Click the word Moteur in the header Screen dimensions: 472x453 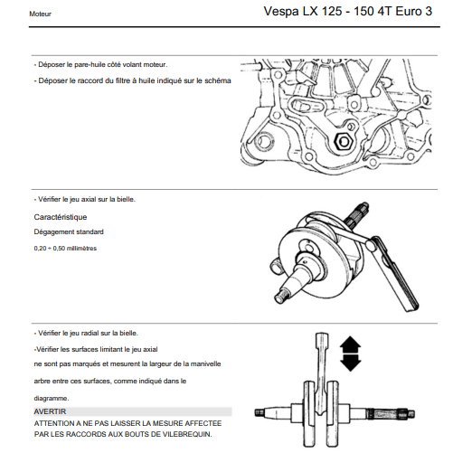click(x=40, y=14)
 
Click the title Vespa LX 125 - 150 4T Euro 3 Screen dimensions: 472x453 click(x=348, y=12)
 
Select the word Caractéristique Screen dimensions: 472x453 click(x=61, y=217)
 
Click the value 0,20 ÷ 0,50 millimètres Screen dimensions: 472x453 click(x=65, y=249)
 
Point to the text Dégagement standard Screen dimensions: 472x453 click(x=69, y=232)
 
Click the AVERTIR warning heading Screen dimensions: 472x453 click(x=50, y=411)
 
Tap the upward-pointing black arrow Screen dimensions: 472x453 click(x=350, y=344)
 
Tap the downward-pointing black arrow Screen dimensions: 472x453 click(x=350, y=363)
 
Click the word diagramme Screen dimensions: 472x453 click(x=52, y=399)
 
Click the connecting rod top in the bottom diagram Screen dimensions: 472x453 click(x=322, y=339)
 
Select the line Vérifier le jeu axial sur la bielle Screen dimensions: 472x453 click(x=85, y=200)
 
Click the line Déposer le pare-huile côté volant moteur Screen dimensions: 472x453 click(x=100, y=65)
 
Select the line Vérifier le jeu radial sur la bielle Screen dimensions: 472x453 click(x=86, y=334)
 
